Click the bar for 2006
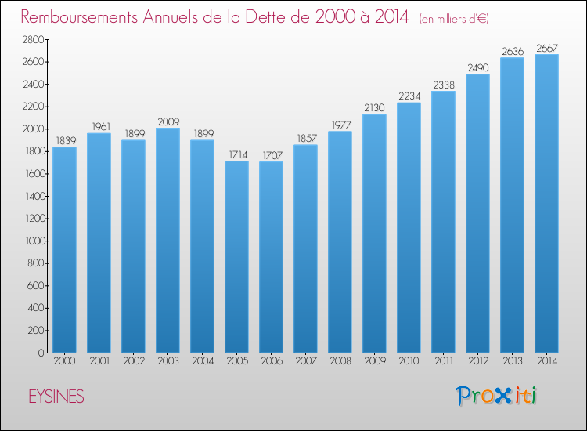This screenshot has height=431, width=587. click(271, 257)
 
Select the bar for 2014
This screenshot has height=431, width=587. click(546, 204)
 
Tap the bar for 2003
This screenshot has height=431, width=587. click(167, 240)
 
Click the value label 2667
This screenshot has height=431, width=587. click(546, 49)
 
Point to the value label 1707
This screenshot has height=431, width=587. click(271, 155)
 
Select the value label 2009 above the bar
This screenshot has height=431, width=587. click(167, 121)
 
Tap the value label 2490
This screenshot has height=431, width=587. click(477, 67)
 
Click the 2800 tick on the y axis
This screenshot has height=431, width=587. click(31, 39)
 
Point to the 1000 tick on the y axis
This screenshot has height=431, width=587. click(31, 241)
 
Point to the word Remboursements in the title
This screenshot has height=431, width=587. click(92, 16)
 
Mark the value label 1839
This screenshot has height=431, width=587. click(64, 141)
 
